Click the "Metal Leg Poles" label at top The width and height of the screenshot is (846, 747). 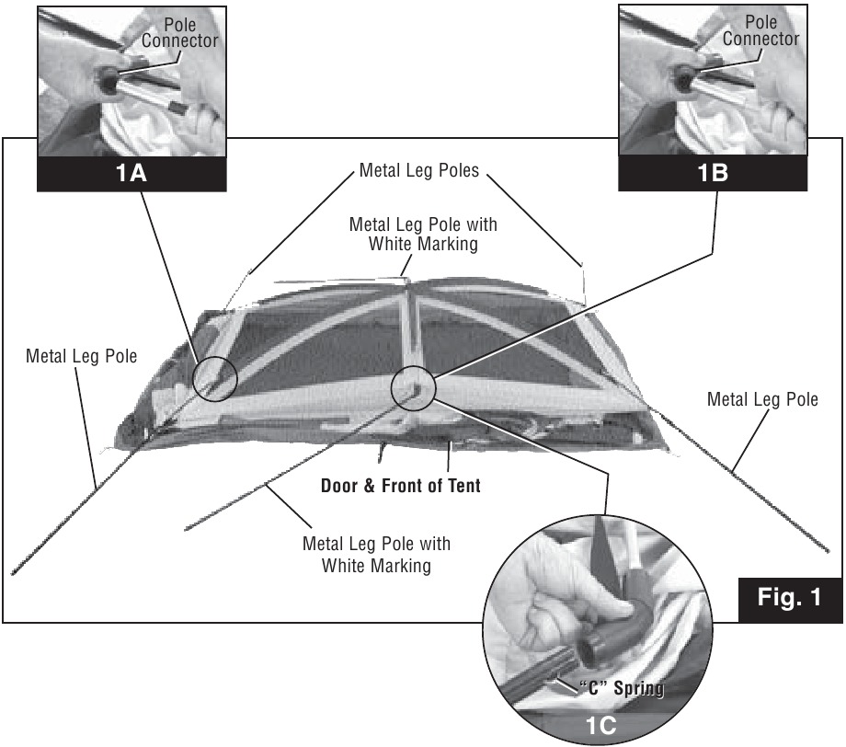tap(419, 171)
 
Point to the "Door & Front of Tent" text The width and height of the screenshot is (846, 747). tap(400, 485)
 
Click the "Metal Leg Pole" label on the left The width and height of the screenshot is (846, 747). tap(82, 355)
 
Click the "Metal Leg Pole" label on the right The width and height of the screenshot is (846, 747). tap(762, 399)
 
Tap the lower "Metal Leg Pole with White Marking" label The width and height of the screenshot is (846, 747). tap(376, 554)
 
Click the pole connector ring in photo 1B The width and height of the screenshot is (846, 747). tap(685, 78)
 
